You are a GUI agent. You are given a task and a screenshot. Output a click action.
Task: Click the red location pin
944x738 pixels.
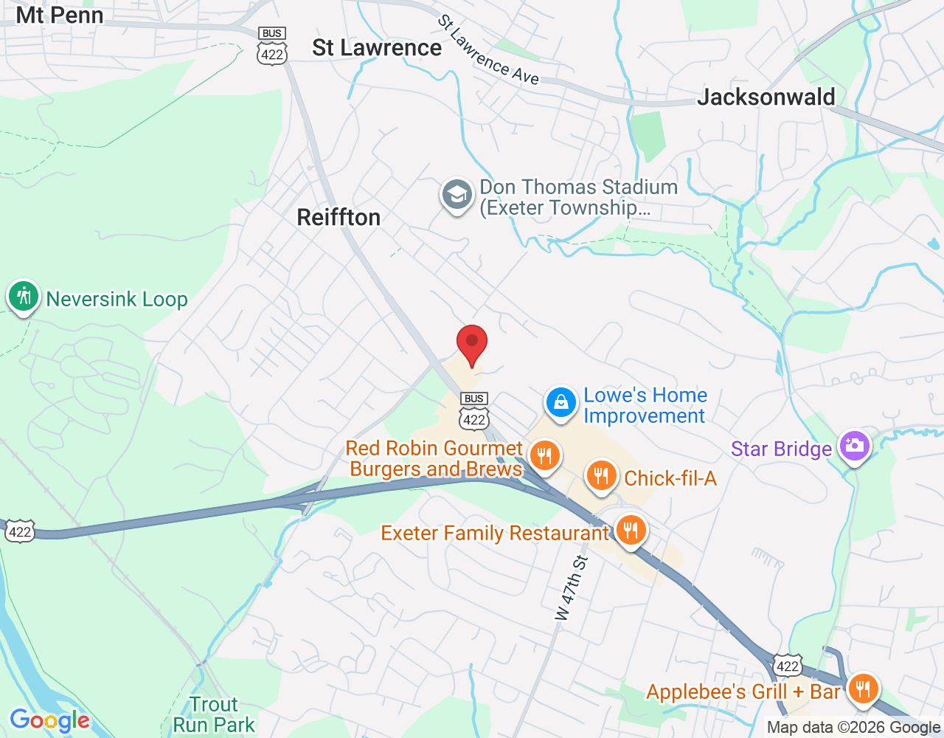point(472,344)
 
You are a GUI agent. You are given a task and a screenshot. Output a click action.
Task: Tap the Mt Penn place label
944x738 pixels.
point(60,15)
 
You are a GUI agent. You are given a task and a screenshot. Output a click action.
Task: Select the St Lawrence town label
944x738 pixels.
point(377,48)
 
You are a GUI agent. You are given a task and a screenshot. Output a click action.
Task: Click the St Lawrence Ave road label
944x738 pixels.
point(488,51)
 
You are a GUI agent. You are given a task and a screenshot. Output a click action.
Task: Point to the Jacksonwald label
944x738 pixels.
point(766,97)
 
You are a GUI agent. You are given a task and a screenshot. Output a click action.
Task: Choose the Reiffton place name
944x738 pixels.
point(339,217)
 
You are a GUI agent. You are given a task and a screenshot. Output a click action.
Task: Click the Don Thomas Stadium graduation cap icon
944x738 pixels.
point(457,196)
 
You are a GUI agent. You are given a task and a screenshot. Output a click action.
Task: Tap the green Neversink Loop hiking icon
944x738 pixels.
point(24,297)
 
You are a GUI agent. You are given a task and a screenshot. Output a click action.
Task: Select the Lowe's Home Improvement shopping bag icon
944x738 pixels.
point(561,403)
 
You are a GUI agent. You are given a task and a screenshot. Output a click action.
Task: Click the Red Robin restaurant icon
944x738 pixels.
point(544,456)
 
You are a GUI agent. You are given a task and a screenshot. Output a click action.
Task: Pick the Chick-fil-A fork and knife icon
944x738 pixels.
point(601,476)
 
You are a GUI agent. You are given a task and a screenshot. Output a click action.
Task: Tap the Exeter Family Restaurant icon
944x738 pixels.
point(631,530)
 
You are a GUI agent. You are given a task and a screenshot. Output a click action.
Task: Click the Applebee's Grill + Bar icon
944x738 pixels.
point(862,689)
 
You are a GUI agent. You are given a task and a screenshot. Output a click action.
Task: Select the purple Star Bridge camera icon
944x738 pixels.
point(855,446)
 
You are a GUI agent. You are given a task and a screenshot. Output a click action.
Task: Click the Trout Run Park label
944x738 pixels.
point(214,714)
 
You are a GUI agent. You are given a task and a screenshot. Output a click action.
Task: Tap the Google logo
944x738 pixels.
point(49,720)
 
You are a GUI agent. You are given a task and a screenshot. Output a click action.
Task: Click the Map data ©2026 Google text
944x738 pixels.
point(853,728)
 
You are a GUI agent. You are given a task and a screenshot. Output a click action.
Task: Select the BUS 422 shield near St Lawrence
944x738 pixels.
point(272,46)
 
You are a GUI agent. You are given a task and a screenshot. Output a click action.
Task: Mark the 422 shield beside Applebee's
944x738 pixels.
point(787,666)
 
